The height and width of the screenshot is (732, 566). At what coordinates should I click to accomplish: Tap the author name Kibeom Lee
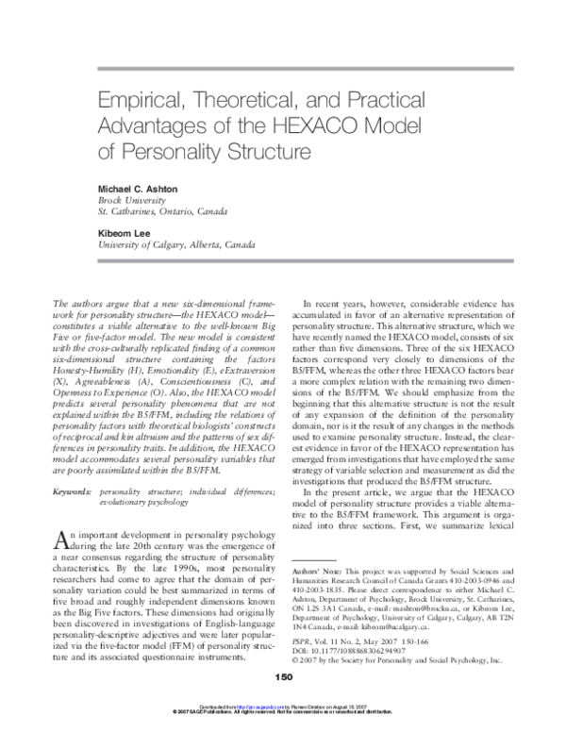pyautogui.click(x=126, y=229)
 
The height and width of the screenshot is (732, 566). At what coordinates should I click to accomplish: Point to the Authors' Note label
pyautogui.click(x=327, y=573)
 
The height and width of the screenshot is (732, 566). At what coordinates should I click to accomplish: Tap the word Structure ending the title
pyautogui.click(x=262, y=148)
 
